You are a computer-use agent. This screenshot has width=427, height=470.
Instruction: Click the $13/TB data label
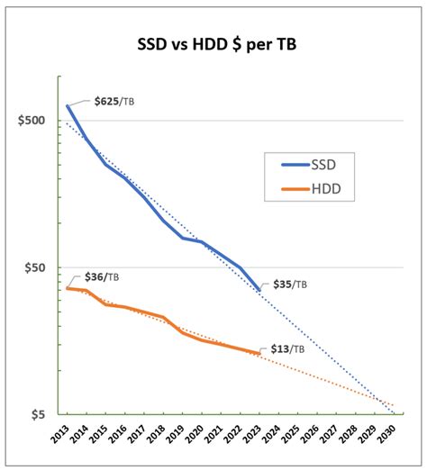click(287, 348)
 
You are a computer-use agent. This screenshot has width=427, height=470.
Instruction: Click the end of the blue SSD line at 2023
click(259, 290)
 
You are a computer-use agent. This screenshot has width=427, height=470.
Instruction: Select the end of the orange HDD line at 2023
click(259, 354)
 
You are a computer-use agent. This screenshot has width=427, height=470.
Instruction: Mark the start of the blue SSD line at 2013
click(68, 106)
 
